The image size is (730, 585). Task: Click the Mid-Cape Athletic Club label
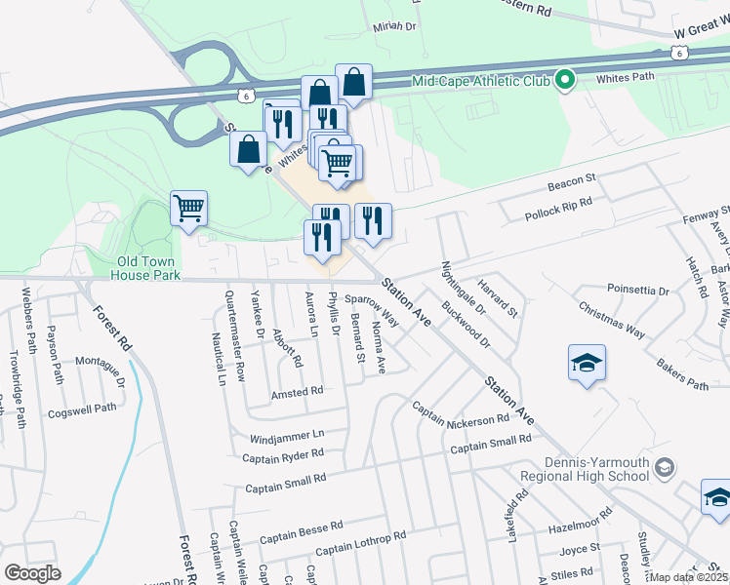(481, 82)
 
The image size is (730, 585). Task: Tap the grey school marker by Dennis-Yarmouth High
(664, 468)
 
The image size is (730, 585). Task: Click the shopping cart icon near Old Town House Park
(188, 208)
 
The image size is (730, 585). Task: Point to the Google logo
(32, 573)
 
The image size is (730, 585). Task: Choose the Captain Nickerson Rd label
(461, 413)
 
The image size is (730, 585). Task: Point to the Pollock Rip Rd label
(558, 207)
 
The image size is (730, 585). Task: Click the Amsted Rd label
(298, 391)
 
